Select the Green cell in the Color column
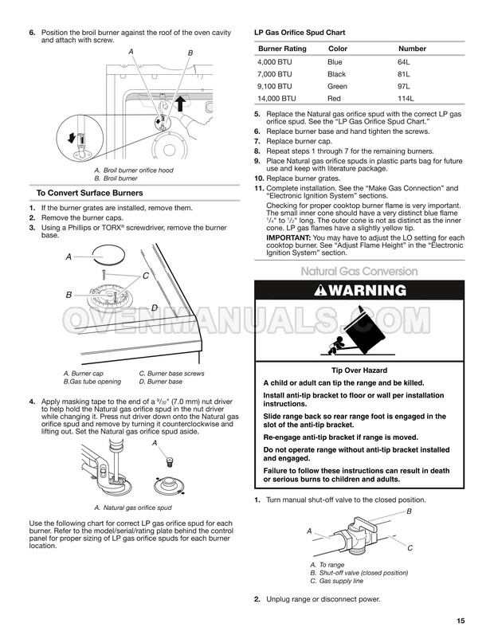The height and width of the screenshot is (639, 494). (x=337, y=84)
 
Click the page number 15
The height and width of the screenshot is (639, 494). (x=462, y=621)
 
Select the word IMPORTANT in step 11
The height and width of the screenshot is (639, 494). (x=290, y=238)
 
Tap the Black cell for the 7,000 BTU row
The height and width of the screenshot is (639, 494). (x=337, y=73)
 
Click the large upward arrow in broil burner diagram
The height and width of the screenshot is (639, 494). (x=179, y=103)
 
